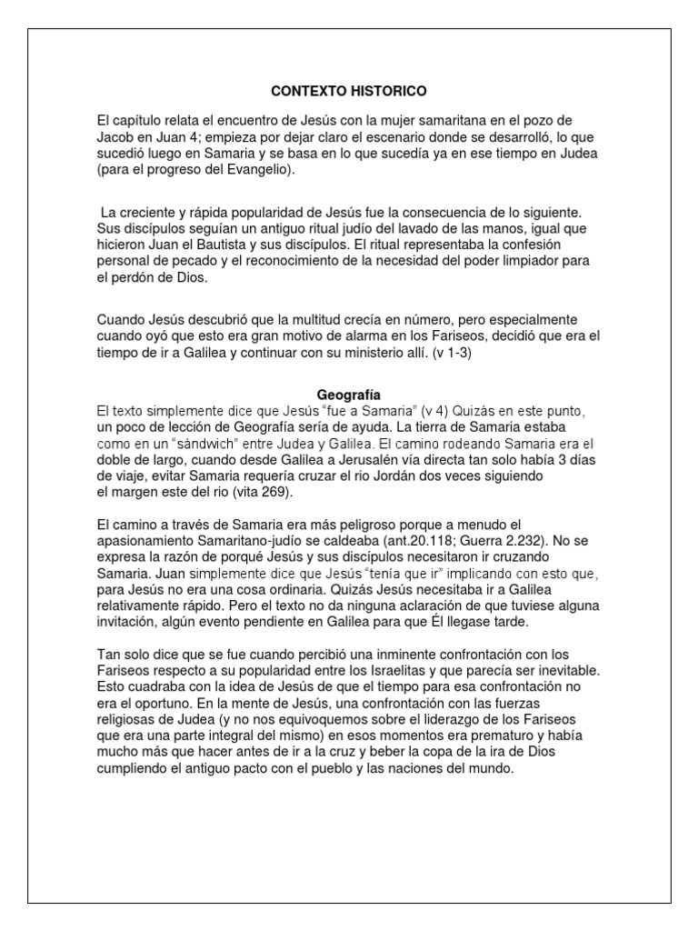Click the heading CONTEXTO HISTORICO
pyautogui.click(x=349, y=92)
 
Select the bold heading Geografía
pyautogui.click(x=349, y=395)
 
